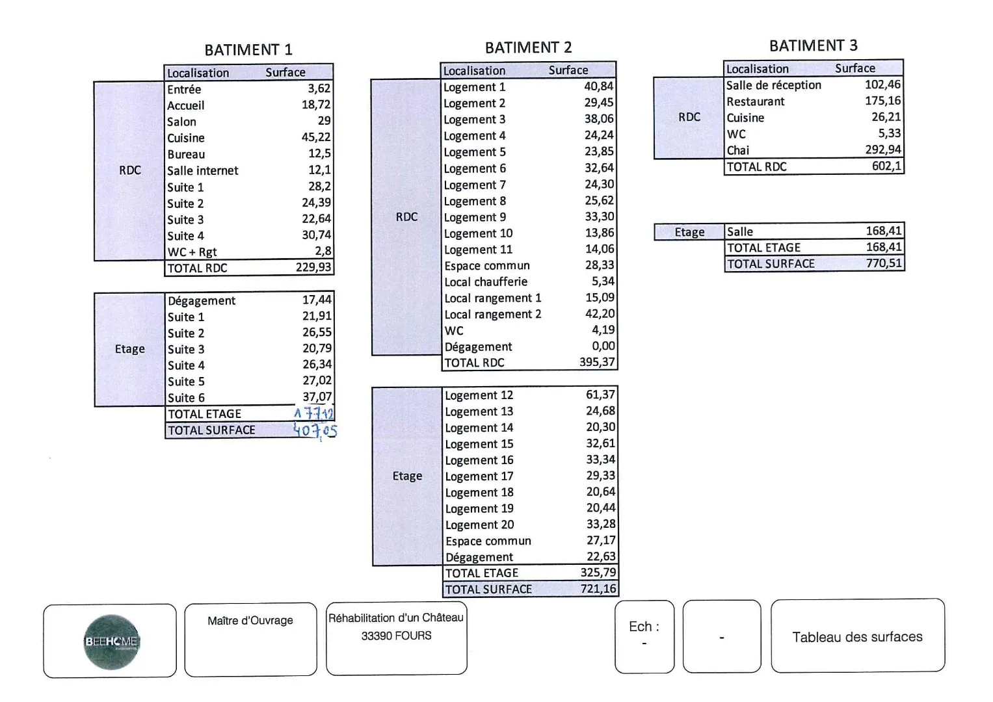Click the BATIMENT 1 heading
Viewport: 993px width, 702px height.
248,50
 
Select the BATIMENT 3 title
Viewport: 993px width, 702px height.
813,45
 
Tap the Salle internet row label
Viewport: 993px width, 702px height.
202,171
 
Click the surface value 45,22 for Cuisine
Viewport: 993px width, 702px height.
316,138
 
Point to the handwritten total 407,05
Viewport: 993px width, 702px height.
315,430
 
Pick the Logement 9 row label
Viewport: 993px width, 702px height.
475,218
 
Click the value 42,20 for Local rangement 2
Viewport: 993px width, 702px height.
600,314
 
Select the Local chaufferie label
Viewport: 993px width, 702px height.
486,282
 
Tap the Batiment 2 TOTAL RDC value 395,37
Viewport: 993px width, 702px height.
597,363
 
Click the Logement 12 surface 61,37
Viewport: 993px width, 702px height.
600,395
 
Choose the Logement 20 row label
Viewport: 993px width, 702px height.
479,525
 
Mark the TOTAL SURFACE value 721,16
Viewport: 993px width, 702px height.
598,589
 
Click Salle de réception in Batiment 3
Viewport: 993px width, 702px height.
773,85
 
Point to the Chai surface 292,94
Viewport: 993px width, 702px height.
882,149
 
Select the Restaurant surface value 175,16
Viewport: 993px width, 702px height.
882,101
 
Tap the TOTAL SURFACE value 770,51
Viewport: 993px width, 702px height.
884,263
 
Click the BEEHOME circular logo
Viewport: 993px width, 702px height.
111,642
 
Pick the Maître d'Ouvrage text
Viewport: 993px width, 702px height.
250,621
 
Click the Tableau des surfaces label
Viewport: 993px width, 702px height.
857,637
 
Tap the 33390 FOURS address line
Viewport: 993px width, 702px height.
396,636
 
